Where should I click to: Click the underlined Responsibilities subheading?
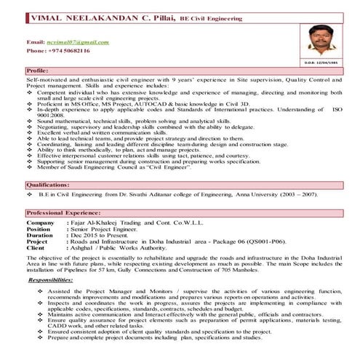55,279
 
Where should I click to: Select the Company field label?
40,221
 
